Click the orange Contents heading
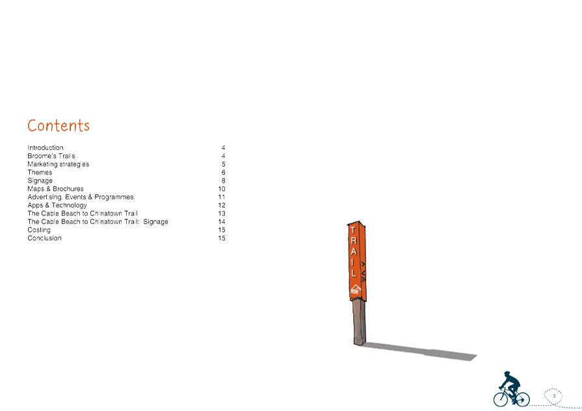[x=59, y=125]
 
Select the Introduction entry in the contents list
[x=46, y=148]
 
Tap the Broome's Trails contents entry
[x=51, y=156]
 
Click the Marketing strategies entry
[x=58, y=164]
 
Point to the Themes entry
[x=40, y=173]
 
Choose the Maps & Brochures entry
[x=55, y=189]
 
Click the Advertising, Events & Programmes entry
[x=81, y=197]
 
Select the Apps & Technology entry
[x=57, y=205]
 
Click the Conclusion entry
[x=45, y=238]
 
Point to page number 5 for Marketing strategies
[x=223, y=164]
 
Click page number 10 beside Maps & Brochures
[x=222, y=189]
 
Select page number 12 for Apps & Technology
[x=222, y=205]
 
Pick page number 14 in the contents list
[x=222, y=222]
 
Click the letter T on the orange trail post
[x=352, y=230]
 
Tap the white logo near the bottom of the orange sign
[x=355, y=290]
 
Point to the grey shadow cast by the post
[x=423, y=351]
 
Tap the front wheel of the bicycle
[x=503, y=397]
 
